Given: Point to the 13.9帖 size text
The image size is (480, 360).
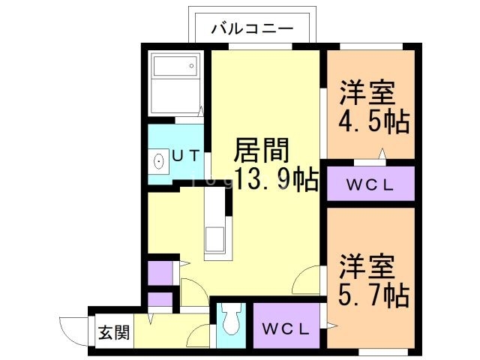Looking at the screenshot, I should pos(275,180).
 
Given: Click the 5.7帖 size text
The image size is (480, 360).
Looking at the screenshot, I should pos(373,293).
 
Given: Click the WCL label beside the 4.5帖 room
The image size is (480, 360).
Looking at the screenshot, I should pos(370,184).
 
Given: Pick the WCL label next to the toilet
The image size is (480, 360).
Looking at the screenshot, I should pos(285,328).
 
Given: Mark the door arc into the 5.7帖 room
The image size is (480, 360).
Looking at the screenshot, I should pos(309,283).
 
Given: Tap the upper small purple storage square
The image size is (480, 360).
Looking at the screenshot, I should pos(158,272).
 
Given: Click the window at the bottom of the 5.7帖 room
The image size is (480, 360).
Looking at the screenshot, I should pos(383,350).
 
